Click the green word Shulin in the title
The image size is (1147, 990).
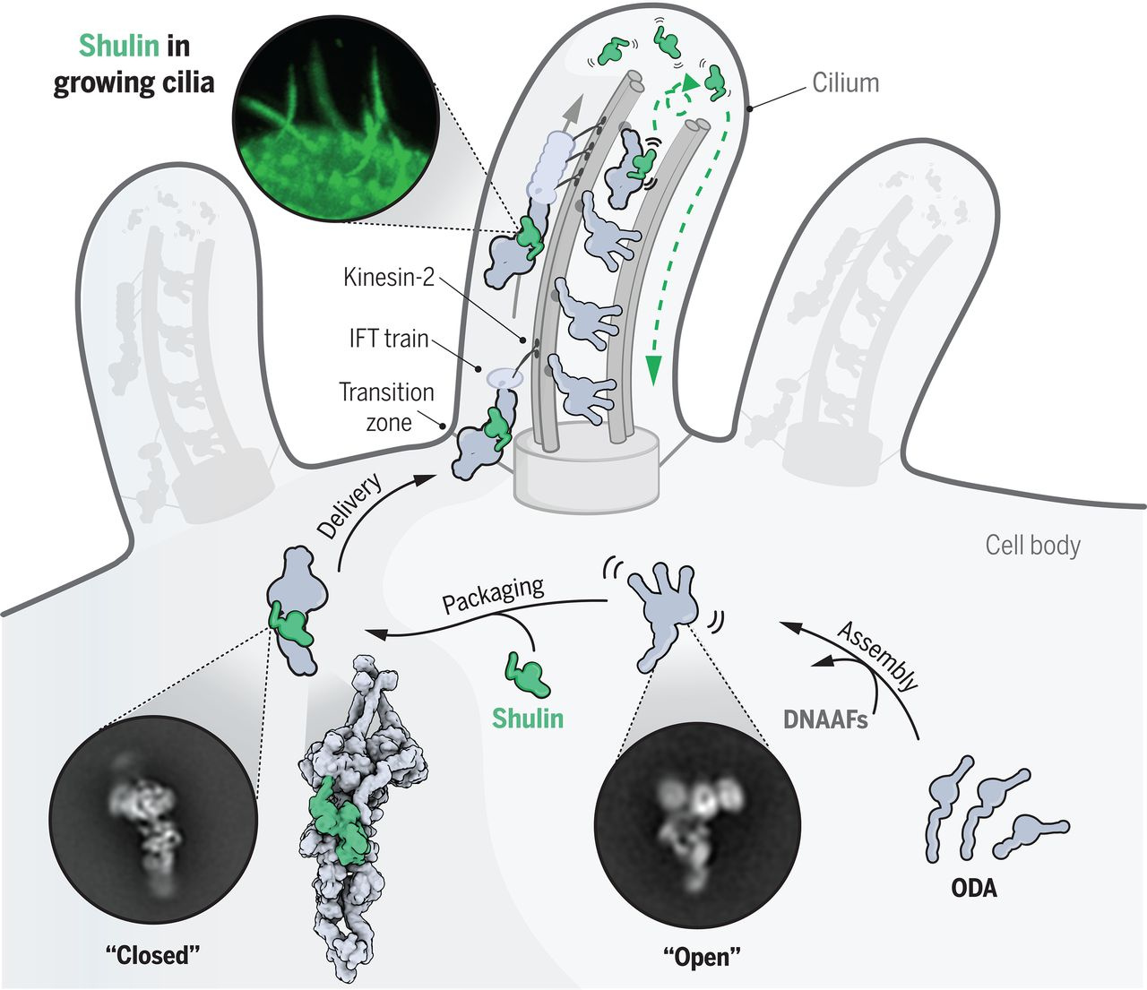[x=120, y=46]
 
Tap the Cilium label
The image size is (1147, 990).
[x=845, y=83]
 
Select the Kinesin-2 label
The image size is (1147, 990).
[x=388, y=277]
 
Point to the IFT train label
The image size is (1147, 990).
[x=388, y=339]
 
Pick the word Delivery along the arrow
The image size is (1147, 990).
[x=349, y=505]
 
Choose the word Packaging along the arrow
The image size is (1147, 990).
[x=493, y=595]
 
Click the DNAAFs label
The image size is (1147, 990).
[x=825, y=719]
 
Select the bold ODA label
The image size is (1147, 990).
[x=973, y=888]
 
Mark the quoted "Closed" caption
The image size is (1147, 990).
[x=153, y=954]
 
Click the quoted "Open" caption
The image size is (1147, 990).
[x=702, y=956]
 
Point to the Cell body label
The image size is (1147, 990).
[x=1032, y=545]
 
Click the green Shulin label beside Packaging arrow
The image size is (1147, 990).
[x=528, y=718]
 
